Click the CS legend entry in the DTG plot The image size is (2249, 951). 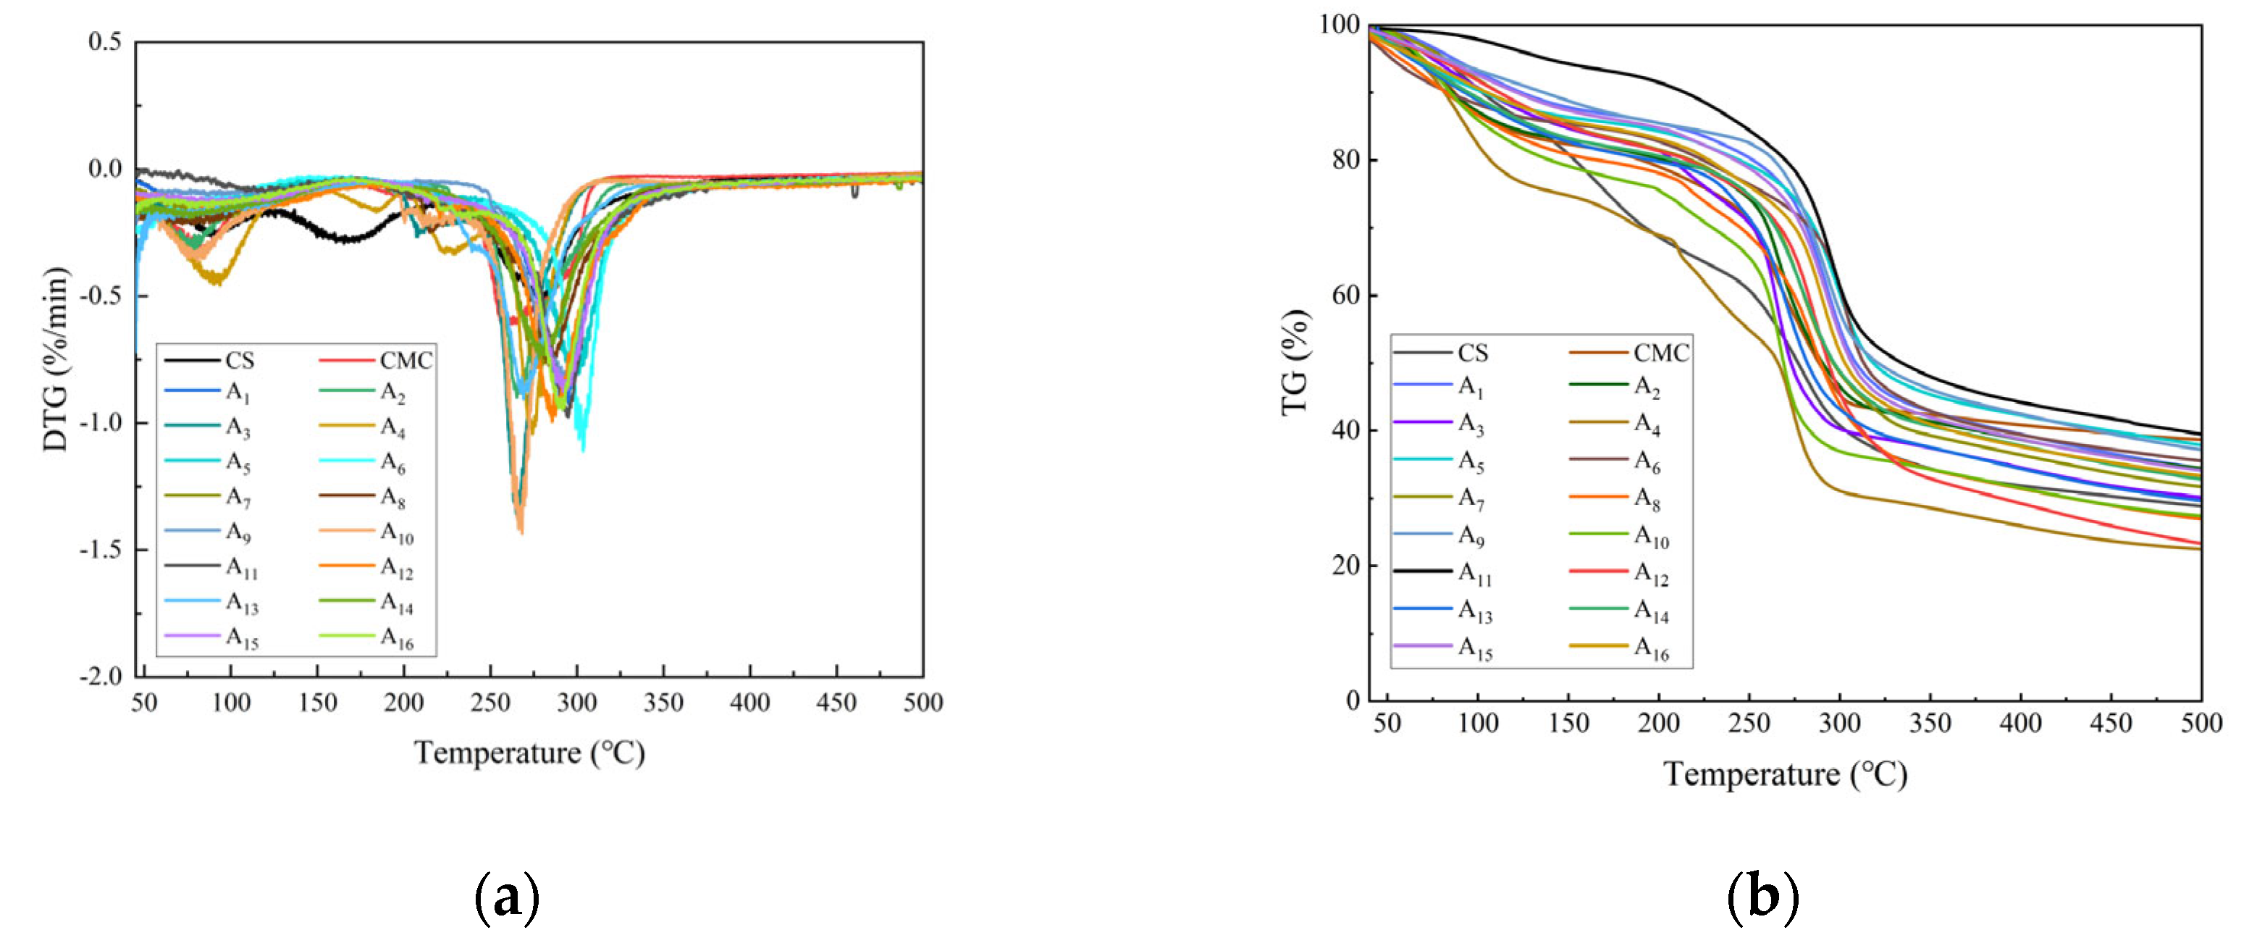[238, 361]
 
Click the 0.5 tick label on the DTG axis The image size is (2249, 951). [105, 42]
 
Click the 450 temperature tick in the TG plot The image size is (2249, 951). [2111, 723]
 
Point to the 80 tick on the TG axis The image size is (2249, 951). [1345, 161]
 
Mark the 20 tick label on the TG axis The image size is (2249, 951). [1345, 566]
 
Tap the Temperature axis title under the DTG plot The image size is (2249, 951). [529, 753]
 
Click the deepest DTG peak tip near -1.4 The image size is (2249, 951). [521, 531]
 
